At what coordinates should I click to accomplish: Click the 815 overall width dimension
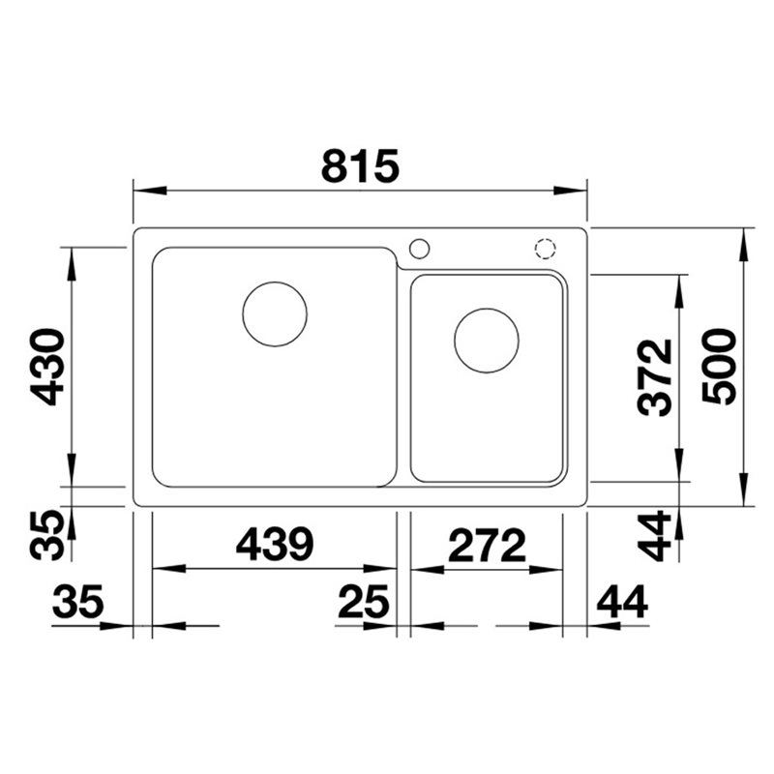point(359,166)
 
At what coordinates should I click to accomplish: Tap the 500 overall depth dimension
point(719,367)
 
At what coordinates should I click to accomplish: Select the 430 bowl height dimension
point(47,367)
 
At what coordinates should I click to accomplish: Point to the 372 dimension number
point(655,377)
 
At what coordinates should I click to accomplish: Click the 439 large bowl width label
point(275,545)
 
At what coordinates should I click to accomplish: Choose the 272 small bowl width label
point(487,545)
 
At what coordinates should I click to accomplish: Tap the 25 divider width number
point(364,602)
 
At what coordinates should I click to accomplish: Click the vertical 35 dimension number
point(47,536)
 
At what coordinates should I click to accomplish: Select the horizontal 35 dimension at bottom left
point(78,602)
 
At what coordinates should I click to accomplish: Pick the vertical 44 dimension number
point(655,536)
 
